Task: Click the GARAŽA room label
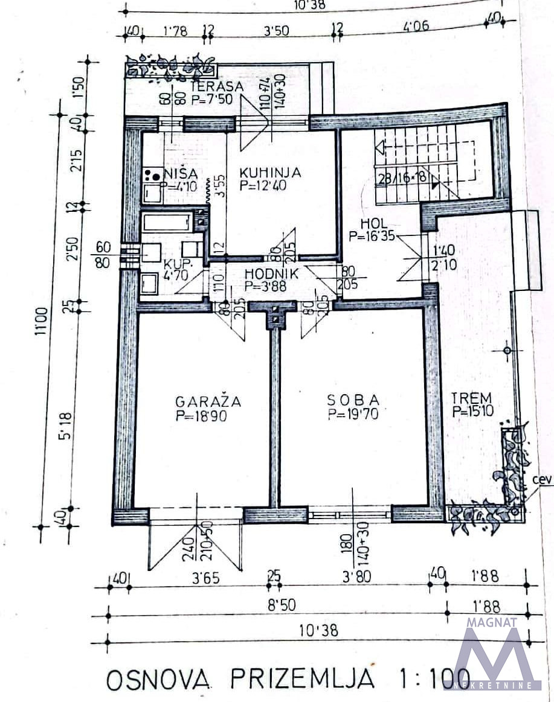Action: [x=208, y=401]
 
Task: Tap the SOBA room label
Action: [x=353, y=400]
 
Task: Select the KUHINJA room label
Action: [x=270, y=173]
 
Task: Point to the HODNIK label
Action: [x=272, y=273]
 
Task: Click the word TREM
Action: [x=472, y=398]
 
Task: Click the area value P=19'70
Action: [x=353, y=414]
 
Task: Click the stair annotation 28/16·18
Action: [x=401, y=177]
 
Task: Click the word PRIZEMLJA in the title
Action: [x=301, y=679]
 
